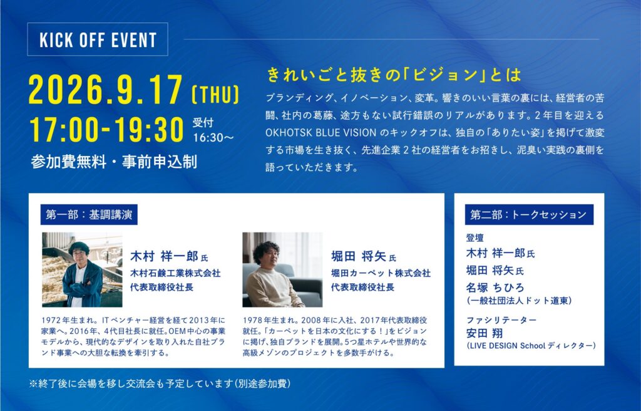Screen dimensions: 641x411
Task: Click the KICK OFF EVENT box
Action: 97,39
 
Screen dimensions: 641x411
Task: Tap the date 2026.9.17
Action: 105,89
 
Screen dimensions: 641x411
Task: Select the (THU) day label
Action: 215,94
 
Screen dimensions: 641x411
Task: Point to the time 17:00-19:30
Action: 106,130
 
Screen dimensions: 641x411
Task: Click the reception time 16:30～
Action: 213,137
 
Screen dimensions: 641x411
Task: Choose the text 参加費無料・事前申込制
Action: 114,162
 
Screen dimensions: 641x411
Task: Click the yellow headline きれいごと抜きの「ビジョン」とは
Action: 394,75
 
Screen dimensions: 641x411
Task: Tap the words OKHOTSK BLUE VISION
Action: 321,133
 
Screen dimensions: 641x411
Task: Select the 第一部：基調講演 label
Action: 89,214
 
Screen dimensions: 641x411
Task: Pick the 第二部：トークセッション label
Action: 529,214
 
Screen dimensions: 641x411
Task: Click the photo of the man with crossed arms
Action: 82,270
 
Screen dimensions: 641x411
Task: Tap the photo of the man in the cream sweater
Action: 282,270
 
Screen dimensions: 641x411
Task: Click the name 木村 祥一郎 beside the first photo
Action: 165,256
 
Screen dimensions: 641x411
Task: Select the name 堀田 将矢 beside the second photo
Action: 359,256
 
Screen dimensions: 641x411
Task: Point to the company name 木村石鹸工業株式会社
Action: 175,273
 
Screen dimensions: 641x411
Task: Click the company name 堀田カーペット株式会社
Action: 381,273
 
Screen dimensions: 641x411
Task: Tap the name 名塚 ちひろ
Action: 495,288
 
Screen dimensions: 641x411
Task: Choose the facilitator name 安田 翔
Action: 485,333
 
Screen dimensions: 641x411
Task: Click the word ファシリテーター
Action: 501,320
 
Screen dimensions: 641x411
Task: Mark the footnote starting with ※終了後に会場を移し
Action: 160,383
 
